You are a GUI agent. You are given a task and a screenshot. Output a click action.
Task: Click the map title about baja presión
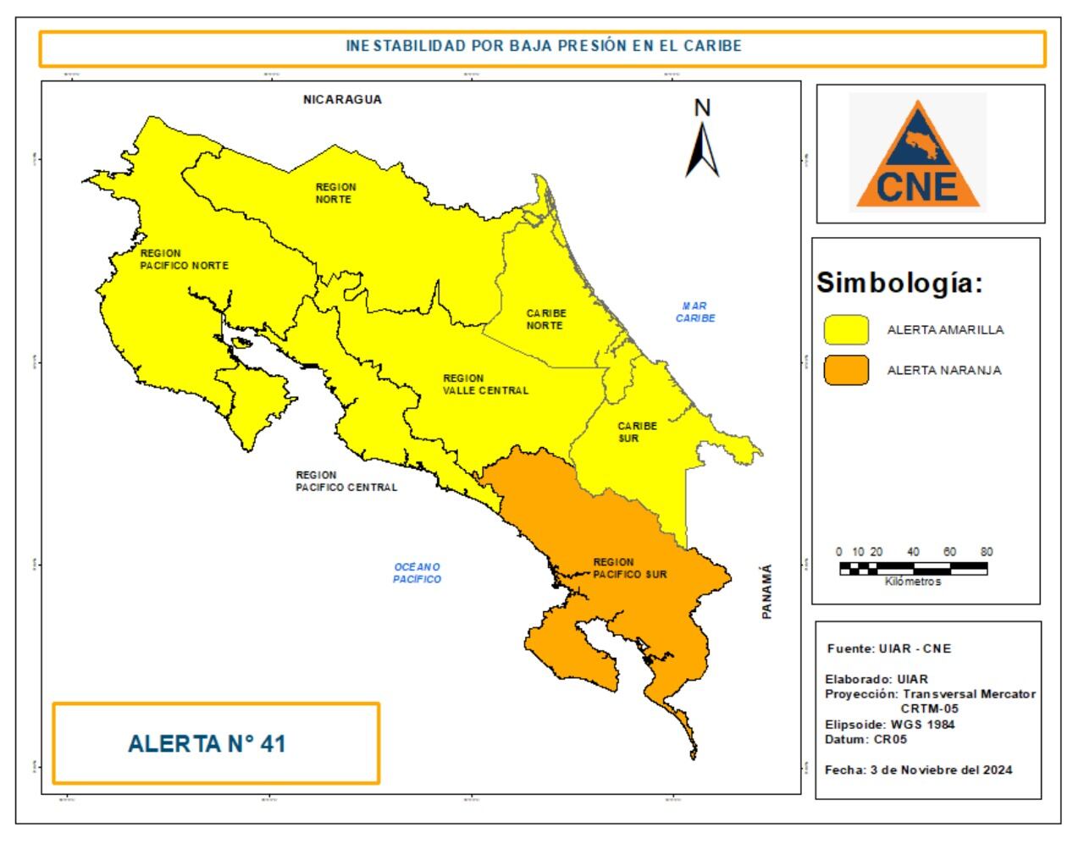coord(543,47)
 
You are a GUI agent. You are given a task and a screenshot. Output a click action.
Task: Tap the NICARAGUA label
coord(342,99)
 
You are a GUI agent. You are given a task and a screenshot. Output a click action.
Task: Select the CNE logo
coord(918,154)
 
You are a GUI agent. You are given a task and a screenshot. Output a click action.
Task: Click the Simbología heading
coord(899,284)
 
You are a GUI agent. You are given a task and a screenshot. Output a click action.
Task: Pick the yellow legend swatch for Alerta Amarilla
coord(846,330)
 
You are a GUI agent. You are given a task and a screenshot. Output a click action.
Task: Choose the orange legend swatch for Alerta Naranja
coord(846,370)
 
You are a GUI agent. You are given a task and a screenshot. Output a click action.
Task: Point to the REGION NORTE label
coord(335,193)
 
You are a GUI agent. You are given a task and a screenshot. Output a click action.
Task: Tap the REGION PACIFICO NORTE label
coord(184,259)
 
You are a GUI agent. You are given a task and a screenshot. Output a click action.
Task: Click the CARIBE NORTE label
coord(546,319)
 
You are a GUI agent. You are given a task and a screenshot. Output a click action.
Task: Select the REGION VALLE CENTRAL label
coord(485,384)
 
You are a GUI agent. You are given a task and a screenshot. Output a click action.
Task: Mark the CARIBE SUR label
coord(637,433)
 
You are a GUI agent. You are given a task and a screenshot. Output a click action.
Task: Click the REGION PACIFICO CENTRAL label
coord(346,481)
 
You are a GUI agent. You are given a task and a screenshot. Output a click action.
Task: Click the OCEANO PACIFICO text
coord(417,573)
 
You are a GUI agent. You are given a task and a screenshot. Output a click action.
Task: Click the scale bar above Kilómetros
coord(913,568)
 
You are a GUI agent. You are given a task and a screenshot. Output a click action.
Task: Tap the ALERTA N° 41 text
coord(207,744)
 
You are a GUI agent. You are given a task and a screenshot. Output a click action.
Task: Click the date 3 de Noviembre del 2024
coord(918,770)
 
